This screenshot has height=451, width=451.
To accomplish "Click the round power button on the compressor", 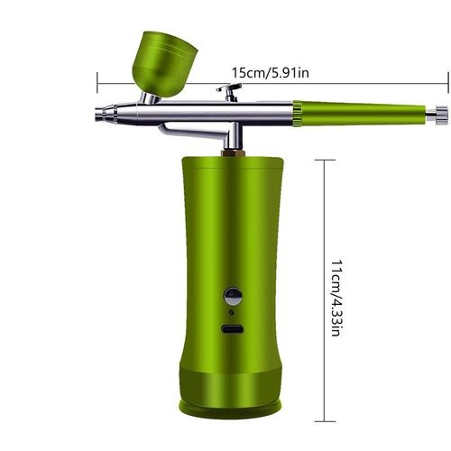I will tap(233, 296).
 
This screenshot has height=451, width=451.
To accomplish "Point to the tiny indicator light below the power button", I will tap(233, 312).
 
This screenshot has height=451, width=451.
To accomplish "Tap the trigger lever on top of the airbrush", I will tap(229, 89).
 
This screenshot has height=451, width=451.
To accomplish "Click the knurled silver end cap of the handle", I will tap(440, 113).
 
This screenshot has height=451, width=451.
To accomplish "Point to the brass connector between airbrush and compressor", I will tap(232, 151).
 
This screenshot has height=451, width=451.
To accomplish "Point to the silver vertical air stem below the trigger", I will tap(232, 135).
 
